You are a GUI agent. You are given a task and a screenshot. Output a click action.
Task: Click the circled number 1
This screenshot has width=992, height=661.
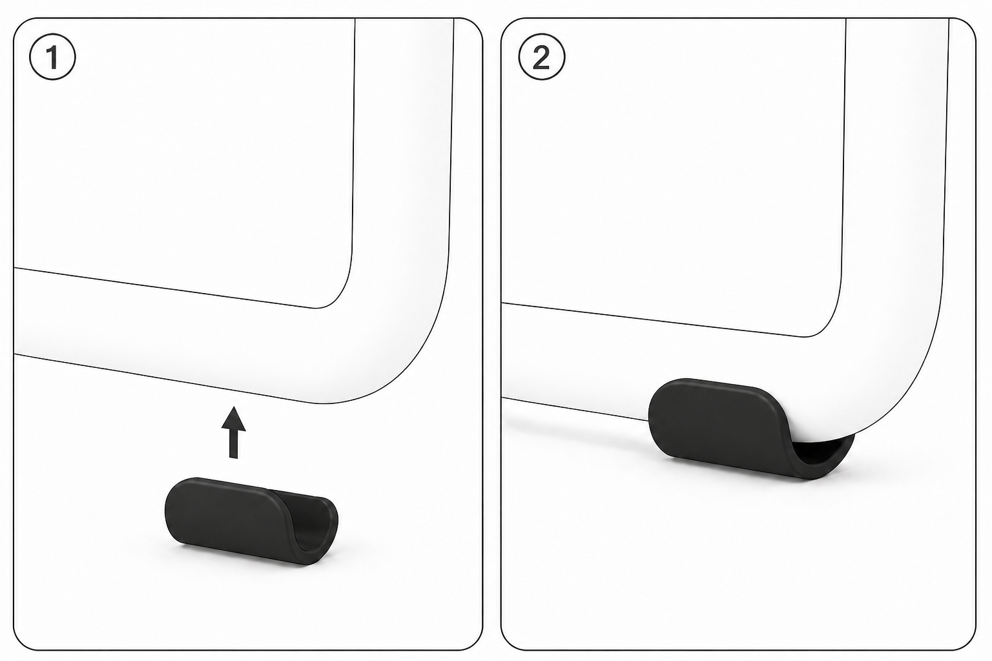[x=52, y=57]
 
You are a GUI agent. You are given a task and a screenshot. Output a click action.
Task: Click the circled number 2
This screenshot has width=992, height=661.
[x=542, y=57]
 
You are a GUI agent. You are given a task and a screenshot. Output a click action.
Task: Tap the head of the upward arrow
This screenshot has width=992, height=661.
[x=233, y=418]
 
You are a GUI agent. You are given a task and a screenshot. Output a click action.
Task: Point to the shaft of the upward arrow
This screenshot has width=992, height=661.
[x=233, y=444]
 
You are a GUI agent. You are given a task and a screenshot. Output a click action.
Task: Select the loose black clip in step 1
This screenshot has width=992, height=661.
[x=251, y=521]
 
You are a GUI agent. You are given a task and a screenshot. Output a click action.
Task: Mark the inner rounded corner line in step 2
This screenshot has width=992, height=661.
[x=832, y=319]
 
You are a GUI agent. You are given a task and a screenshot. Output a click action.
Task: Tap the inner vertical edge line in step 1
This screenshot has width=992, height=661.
[x=354, y=137]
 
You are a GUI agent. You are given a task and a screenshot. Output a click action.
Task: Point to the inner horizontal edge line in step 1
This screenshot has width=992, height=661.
[x=164, y=287]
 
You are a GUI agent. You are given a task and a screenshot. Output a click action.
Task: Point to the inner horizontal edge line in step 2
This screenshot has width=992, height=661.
[x=653, y=320]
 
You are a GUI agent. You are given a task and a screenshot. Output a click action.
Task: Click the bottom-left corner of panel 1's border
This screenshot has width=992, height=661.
[x=14, y=649]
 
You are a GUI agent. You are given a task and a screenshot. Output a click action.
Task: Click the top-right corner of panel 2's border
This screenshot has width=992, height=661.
[x=975, y=19]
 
